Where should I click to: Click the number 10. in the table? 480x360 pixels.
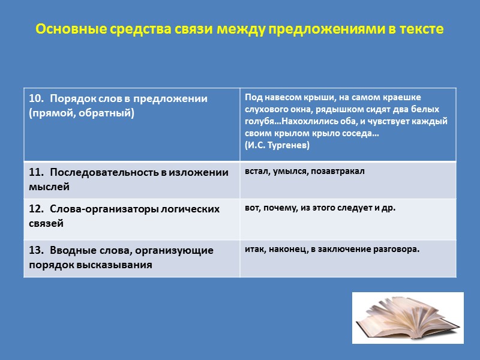(37, 99)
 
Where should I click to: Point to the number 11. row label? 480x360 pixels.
(37, 172)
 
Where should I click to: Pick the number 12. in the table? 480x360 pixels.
(37, 209)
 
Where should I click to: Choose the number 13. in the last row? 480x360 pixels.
(37, 250)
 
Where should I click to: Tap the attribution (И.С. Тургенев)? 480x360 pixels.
(277, 145)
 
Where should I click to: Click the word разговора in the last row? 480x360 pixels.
(397, 248)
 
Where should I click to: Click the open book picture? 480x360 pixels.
(407, 317)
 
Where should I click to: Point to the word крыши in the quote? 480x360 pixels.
(303, 97)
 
